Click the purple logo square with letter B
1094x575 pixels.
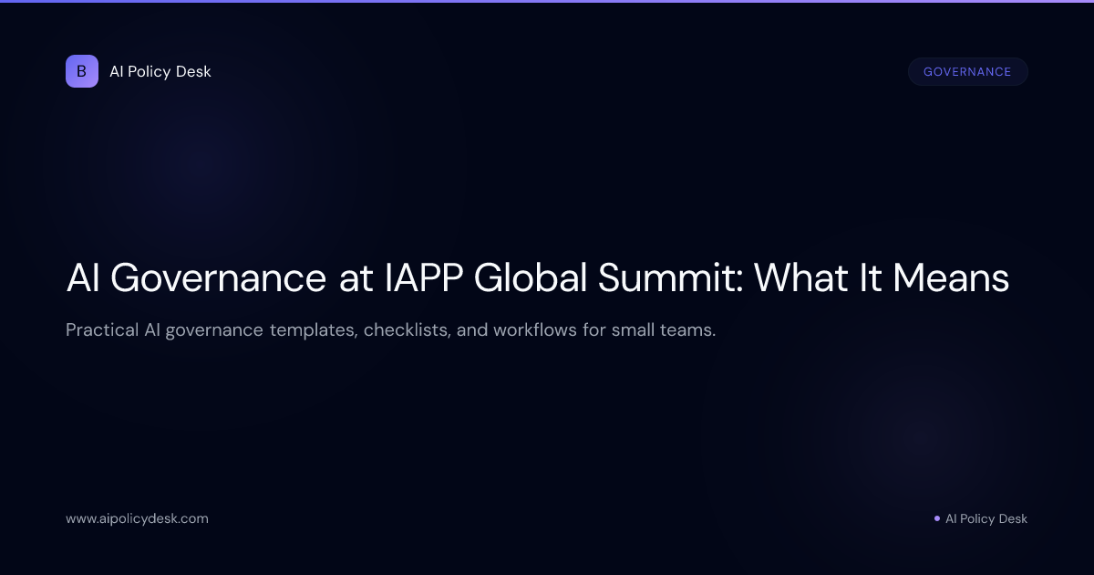click(82, 71)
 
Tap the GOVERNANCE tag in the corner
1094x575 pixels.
click(967, 72)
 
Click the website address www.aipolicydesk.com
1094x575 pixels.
click(137, 518)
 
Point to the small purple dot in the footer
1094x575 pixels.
click(937, 518)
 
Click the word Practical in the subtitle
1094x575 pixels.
click(101, 329)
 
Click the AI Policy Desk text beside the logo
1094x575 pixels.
click(160, 71)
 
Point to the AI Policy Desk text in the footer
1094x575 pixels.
click(986, 518)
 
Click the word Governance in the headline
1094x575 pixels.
click(219, 278)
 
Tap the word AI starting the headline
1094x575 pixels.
click(84, 278)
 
